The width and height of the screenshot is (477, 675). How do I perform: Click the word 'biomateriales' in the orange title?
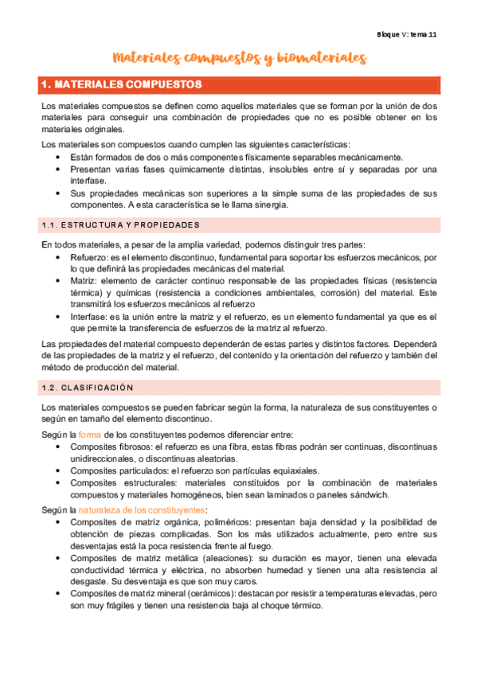coord(318,58)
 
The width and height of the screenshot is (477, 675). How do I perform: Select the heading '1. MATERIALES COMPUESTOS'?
coord(121,84)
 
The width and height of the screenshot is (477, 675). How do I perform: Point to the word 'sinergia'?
coord(271,205)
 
